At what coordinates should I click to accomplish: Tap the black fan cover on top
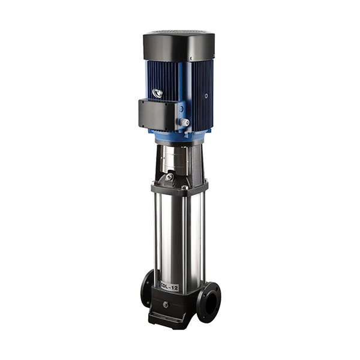point(179,41)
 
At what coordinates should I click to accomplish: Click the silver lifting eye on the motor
point(158,93)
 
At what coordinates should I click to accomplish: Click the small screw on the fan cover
point(191,58)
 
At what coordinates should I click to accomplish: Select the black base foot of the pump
point(174,318)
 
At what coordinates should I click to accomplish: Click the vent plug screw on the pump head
point(170,177)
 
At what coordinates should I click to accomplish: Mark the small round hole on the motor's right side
point(206,95)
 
